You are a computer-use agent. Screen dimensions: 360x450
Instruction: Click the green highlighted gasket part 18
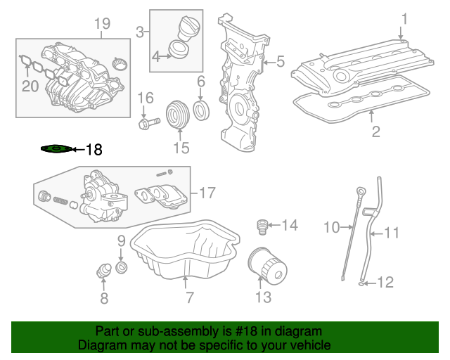56,148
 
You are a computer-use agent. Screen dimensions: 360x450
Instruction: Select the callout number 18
94,149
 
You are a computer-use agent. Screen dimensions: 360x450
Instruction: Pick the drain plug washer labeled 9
121,268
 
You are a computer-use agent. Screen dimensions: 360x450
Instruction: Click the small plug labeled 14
262,226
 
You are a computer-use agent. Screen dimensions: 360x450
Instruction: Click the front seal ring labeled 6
201,110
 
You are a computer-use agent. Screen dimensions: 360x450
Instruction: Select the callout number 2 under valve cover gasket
376,131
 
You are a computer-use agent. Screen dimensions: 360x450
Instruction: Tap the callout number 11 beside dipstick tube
391,231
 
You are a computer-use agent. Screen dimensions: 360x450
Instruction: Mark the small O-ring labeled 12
361,284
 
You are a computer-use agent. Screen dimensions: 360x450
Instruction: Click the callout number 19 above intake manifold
103,25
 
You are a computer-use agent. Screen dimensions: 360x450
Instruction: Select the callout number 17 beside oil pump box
207,192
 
